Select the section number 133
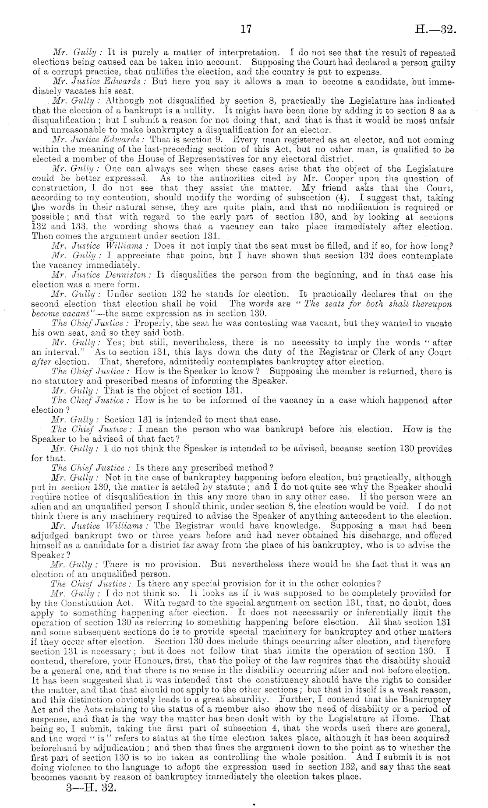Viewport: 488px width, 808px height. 79,227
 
